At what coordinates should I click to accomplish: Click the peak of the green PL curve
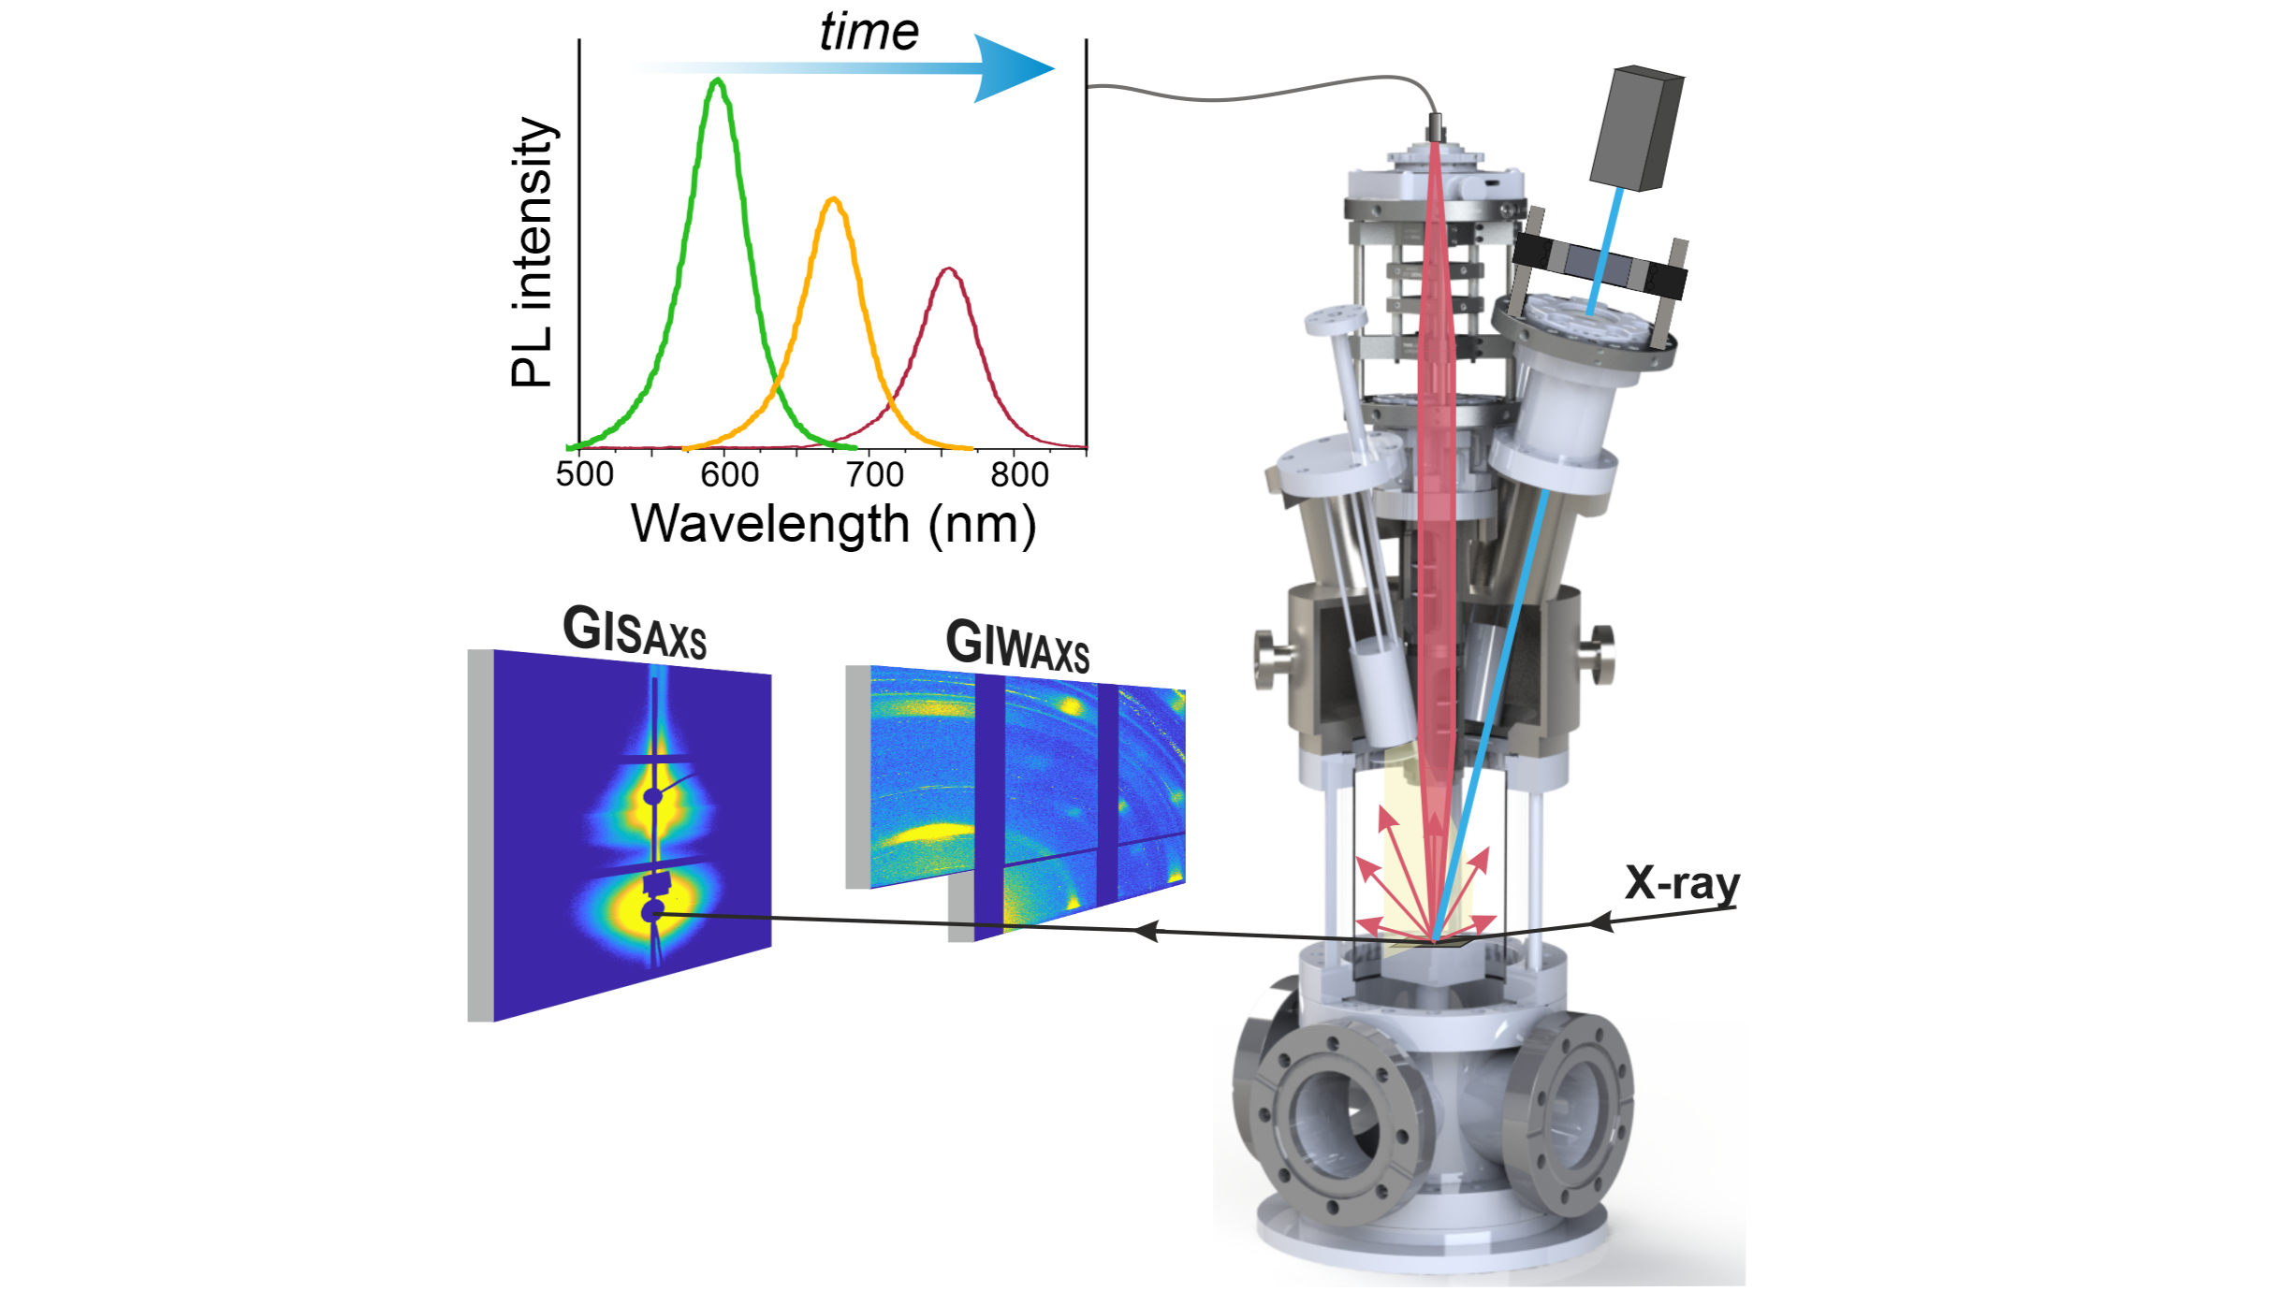point(718,80)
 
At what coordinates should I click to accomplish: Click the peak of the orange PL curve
point(833,199)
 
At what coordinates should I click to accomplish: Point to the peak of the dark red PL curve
point(949,269)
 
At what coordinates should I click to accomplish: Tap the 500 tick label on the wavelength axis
point(585,474)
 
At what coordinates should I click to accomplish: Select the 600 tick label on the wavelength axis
point(729,474)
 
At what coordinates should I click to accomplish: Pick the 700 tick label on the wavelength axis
point(874,474)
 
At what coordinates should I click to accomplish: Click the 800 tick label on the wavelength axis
point(1019,474)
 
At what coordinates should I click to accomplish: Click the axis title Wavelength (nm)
point(833,524)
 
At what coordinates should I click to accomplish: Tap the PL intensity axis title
point(533,253)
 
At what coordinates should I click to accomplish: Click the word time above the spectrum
point(869,33)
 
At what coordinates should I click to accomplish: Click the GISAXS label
point(634,632)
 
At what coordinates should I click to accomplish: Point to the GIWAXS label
point(1017,645)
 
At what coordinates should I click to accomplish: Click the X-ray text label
point(1682,883)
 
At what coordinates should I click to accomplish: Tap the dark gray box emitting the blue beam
point(1637,128)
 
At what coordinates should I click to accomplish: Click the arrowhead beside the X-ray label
point(1602,922)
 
